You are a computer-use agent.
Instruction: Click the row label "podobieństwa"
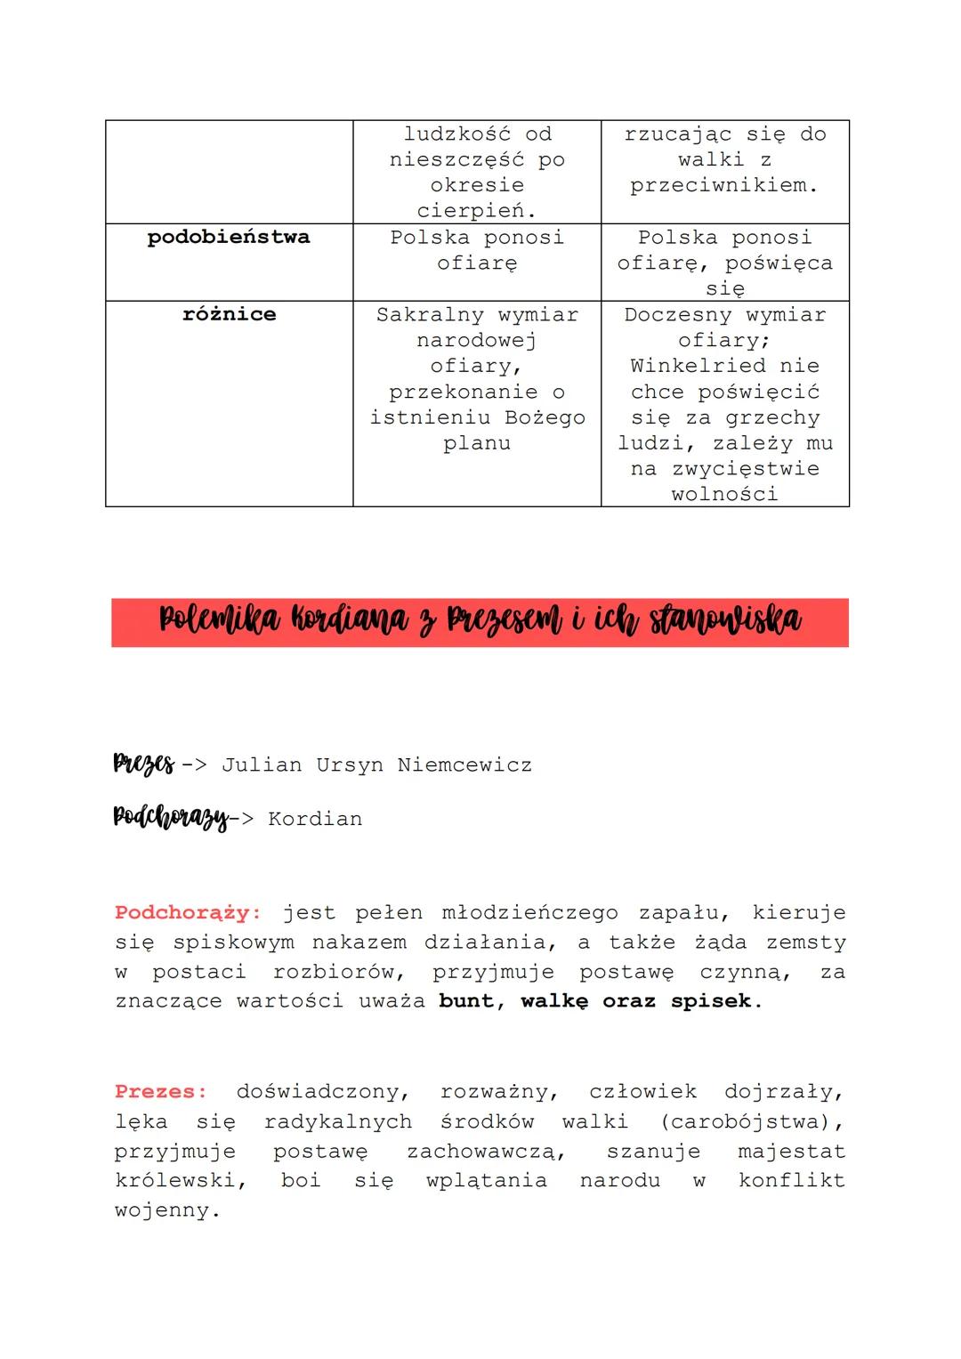[x=229, y=238]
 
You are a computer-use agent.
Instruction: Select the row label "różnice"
[x=229, y=314]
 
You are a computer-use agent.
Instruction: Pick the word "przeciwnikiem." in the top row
[x=724, y=186]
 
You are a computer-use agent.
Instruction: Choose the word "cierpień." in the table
[x=477, y=211]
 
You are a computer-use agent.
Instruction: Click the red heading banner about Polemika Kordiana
[x=480, y=622]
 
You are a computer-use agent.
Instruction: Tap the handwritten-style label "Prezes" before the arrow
[x=143, y=764]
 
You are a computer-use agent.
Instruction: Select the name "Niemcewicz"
[x=464, y=765]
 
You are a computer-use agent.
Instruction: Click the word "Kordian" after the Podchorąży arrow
[x=315, y=820]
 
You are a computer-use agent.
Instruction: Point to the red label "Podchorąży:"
[x=188, y=913]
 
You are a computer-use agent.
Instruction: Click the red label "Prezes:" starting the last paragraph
[x=160, y=1092]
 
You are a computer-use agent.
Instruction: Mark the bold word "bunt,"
[x=472, y=1001]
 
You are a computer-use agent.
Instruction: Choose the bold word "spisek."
[x=716, y=1001]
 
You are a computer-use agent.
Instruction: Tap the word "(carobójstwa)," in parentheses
[x=753, y=1122]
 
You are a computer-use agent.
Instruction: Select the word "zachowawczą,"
[x=486, y=1152]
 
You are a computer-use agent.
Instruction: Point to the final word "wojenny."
[x=167, y=1211]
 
